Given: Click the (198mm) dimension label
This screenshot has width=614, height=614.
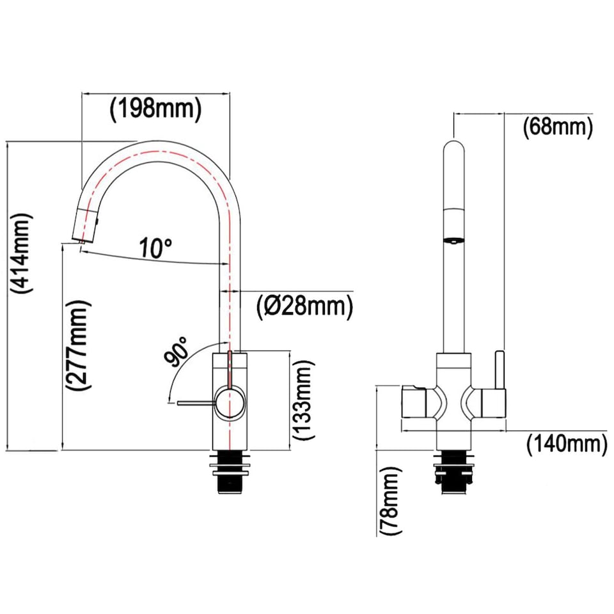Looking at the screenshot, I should (155, 108).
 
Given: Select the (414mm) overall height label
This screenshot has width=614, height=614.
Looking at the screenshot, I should (21, 253).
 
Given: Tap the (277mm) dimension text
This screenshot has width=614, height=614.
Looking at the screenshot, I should (78, 346).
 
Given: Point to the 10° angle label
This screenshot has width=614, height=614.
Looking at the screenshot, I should (156, 247).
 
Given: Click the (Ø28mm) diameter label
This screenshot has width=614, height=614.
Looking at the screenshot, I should (305, 308).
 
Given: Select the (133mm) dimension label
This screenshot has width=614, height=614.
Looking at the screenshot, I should (304, 400).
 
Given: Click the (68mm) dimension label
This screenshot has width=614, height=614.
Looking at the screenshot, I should (557, 127).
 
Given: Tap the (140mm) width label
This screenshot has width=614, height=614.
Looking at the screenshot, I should (566, 443).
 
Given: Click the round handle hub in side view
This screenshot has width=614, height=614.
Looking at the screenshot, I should (229, 403).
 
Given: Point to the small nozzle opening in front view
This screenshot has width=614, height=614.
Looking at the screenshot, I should (453, 241).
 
